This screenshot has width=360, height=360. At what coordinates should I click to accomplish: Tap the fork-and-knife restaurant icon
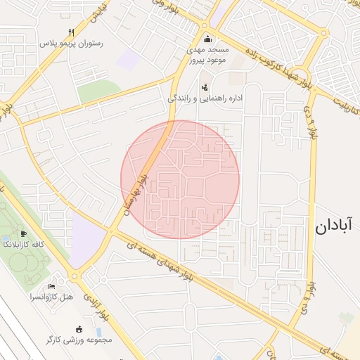[x=71, y=32]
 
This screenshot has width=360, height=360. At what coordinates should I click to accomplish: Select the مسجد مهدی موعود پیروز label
[x=206, y=56]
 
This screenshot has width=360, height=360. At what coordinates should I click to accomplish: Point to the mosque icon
[x=207, y=39]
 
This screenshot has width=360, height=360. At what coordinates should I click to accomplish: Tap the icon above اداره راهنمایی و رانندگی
[x=205, y=87]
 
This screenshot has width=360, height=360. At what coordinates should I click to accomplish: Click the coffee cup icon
[x=24, y=233]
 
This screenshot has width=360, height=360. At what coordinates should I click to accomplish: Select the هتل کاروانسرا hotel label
[x=51, y=297]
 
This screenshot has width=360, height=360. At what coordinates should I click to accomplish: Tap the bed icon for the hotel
[x=51, y=286]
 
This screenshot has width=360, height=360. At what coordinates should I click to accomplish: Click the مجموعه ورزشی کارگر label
[x=79, y=340]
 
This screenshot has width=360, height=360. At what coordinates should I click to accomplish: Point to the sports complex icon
[x=79, y=329]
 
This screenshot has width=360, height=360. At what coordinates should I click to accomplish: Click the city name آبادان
[x=334, y=226]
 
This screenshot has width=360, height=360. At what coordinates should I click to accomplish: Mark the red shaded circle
[x=180, y=179]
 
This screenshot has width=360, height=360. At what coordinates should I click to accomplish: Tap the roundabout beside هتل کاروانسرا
[x=75, y=276]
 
